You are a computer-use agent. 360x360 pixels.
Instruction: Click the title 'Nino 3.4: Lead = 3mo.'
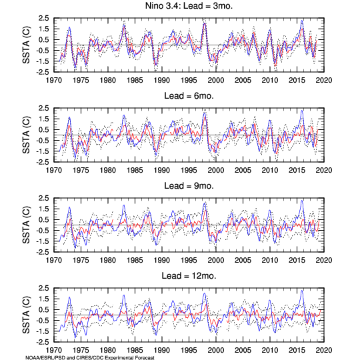[189, 6]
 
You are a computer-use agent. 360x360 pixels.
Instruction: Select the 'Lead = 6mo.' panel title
[189, 96]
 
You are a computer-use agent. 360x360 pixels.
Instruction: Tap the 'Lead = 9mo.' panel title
[189, 186]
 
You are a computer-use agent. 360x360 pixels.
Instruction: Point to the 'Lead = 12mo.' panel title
[189, 276]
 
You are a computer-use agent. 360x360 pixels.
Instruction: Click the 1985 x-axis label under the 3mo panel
[135, 81]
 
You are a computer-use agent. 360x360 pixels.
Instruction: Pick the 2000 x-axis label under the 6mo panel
[216, 171]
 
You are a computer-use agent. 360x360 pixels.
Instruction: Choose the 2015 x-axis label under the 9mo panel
[297, 261]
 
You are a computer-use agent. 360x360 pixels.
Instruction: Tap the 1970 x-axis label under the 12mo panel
[54, 351]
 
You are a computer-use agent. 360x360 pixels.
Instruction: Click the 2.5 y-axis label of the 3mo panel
[43, 18]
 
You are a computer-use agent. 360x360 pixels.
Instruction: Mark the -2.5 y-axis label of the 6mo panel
[42, 162]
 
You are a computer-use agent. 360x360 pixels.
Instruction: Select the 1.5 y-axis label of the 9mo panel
[43, 209]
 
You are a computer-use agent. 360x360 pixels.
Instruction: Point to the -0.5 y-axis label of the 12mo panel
[42, 321]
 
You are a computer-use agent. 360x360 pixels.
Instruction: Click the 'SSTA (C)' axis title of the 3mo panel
[27, 45]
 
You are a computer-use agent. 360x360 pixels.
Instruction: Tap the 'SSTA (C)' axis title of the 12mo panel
[27, 315]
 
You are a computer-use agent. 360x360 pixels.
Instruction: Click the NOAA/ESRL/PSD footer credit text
[90, 358]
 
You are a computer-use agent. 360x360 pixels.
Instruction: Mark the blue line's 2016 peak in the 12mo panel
[302, 291]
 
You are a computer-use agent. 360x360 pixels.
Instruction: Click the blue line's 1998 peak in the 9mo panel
[205, 203]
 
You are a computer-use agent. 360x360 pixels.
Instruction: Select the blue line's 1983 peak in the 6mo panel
[124, 115]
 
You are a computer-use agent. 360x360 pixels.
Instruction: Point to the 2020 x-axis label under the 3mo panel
[324, 81]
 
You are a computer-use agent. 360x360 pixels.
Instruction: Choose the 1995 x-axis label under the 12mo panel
[189, 351]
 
